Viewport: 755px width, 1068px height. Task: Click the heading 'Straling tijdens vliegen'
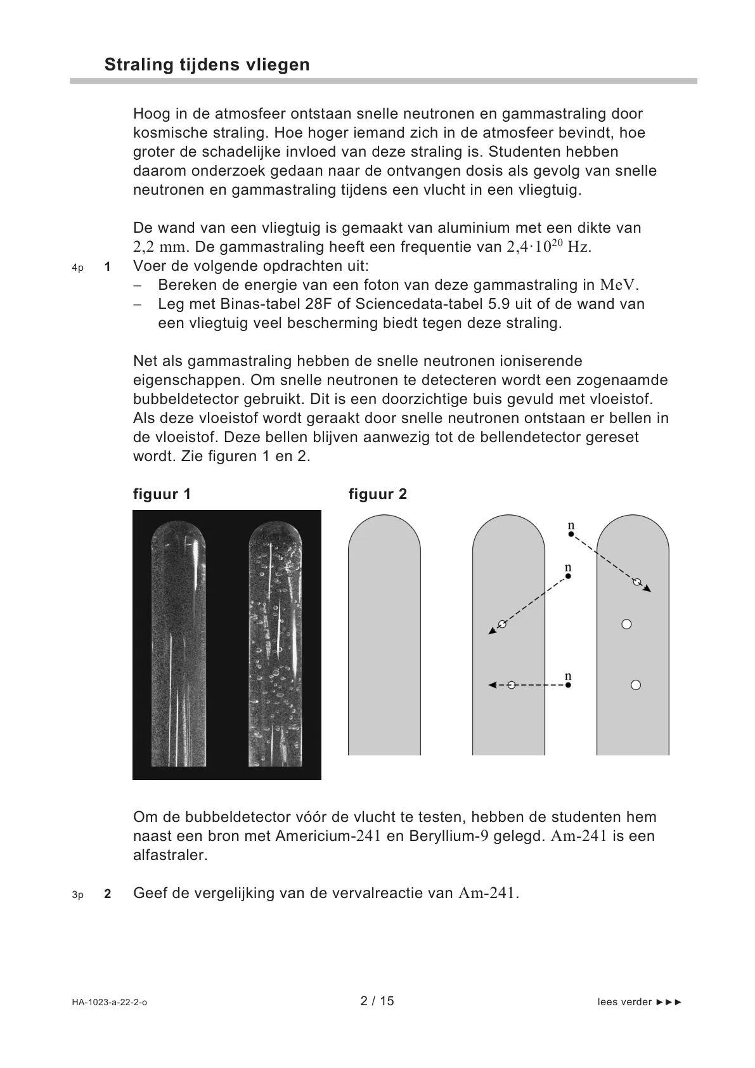(207, 65)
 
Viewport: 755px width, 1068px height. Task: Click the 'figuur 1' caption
(162, 494)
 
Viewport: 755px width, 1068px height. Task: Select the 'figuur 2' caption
(378, 494)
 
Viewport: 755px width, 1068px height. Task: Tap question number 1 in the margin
(108, 267)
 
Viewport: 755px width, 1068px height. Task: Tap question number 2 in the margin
(108, 895)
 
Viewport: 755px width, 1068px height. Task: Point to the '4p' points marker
(77, 268)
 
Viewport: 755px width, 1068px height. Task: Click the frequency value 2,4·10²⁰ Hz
(550, 247)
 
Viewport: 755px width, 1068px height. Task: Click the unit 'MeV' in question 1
(619, 285)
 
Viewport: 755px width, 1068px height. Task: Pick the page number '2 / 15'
(377, 1001)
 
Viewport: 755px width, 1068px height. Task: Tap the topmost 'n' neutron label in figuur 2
(571, 526)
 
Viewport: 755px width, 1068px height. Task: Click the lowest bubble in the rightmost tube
(636, 685)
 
